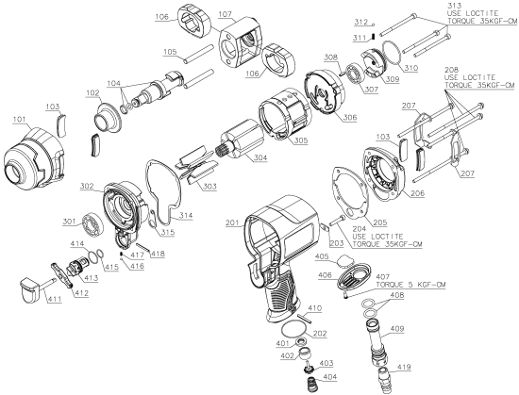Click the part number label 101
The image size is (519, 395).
tap(16, 120)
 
